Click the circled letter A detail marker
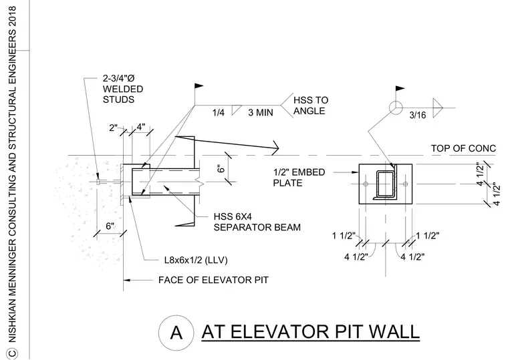tap(176, 333)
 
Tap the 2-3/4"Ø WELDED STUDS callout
tap(123, 89)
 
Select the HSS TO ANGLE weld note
tap(311, 106)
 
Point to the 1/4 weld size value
tap(218, 113)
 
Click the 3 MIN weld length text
tap(261, 113)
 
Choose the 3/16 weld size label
tap(418, 115)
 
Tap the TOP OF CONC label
tap(463, 148)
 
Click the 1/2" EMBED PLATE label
tap(299, 178)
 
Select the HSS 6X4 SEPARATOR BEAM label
tap(257, 222)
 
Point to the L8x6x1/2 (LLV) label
tap(196, 260)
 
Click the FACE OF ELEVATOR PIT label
tap(213, 280)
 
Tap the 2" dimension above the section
tap(113, 128)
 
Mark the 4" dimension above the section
tap(141, 127)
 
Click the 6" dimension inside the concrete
tap(110, 226)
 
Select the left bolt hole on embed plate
tap(366, 184)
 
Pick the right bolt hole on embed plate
tap(405, 184)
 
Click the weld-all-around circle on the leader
tap(396, 108)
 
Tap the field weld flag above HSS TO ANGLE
tap(199, 86)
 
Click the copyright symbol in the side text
tap(12, 353)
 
